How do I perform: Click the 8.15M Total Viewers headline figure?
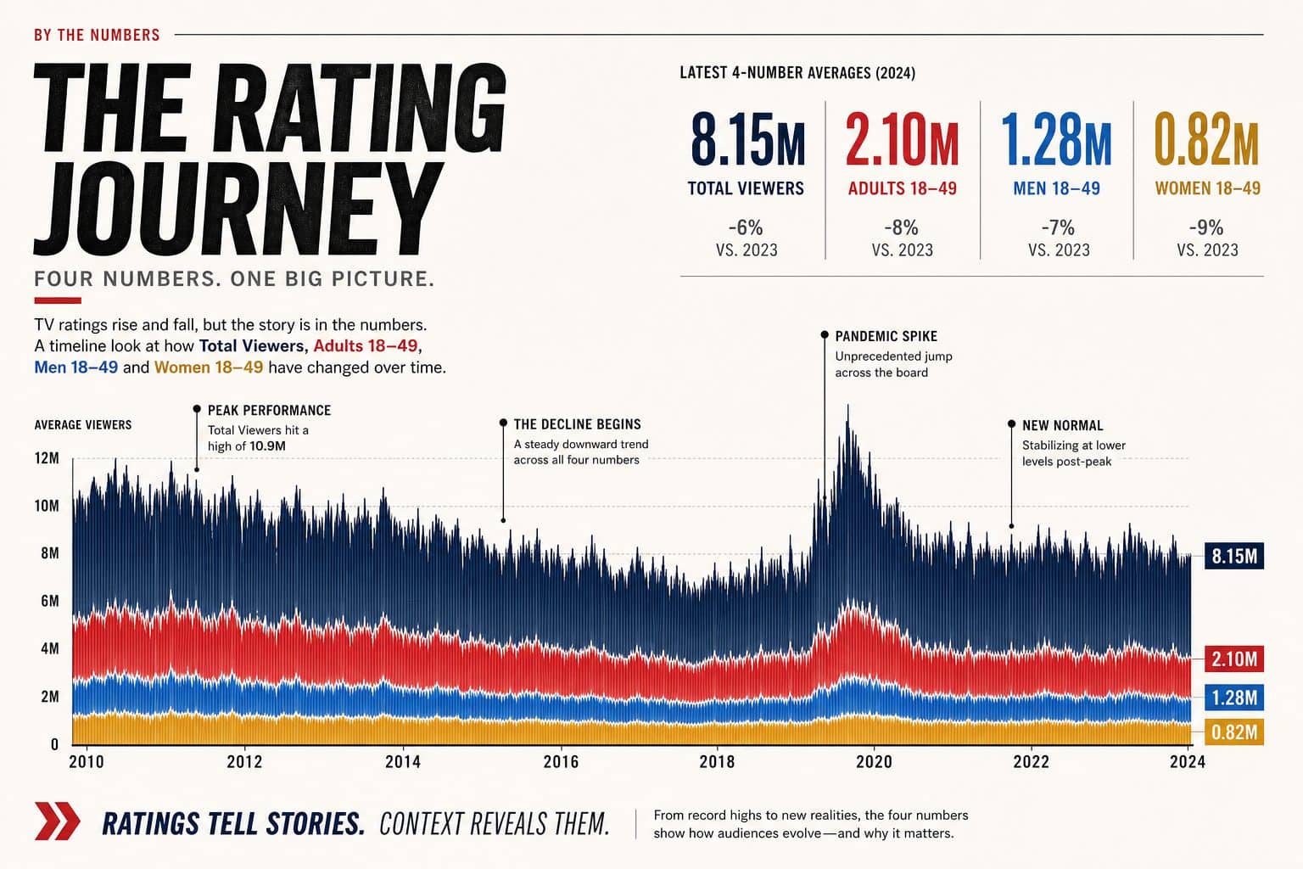[748, 140]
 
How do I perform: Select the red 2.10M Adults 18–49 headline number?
[903, 140]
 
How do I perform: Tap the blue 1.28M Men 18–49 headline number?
[1056, 140]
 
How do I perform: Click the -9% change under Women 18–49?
[1206, 227]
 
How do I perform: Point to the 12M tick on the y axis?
[48, 458]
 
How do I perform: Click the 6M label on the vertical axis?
[50, 601]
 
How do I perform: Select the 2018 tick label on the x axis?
[717, 761]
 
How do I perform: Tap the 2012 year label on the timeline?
[244, 761]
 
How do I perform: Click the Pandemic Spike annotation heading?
[886, 336]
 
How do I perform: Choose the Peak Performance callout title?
[269, 411]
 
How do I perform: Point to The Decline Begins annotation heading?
[577, 424]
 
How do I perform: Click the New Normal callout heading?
[1063, 425]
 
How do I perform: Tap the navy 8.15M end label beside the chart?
[1233, 556]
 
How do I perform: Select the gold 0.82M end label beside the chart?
[1233, 732]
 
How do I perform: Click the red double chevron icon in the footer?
[57, 821]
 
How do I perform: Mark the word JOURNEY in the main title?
[238, 208]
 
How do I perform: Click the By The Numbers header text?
[98, 35]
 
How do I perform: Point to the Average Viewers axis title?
[83, 425]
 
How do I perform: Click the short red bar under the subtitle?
[58, 300]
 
